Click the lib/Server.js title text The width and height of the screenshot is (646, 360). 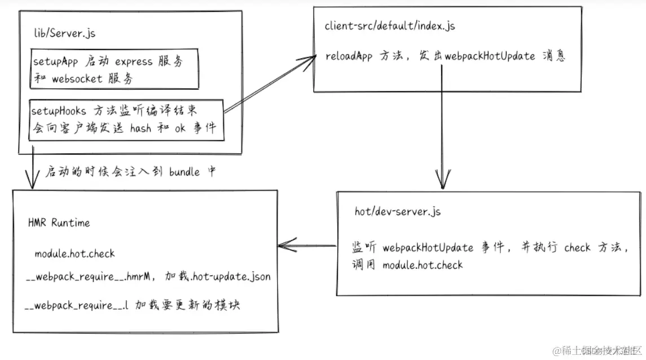(x=64, y=33)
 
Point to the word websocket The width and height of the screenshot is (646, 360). (x=77, y=79)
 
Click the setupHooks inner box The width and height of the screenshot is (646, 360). (x=126, y=119)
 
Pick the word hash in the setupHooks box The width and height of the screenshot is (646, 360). (x=140, y=128)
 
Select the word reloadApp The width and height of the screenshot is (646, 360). (x=349, y=57)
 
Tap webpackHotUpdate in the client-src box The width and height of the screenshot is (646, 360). (x=490, y=56)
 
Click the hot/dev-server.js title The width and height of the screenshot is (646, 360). (x=397, y=212)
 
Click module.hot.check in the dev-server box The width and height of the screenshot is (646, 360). (x=422, y=265)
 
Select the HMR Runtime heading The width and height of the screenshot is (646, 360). (x=59, y=223)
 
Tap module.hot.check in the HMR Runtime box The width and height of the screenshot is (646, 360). (x=74, y=254)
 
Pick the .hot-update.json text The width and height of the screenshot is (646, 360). (x=231, y=277)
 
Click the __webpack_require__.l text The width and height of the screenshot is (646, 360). (x=77, y=305)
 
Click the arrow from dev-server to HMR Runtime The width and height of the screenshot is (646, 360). (x=307, y=245)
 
